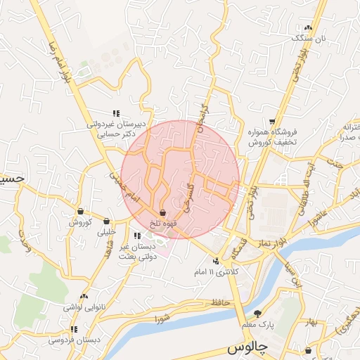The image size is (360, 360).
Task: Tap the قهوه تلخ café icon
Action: coord(163,212)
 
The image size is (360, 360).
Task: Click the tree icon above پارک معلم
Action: coord(258,314)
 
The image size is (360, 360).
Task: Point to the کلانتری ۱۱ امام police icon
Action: coord(216,262)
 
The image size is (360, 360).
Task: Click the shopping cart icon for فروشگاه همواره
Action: coord(272,121)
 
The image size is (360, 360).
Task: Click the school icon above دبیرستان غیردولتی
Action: coord(117,112)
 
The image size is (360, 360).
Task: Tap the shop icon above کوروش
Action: coord(80,212)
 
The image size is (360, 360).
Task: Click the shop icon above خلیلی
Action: coord(106,221)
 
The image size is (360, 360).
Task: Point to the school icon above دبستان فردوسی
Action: coord(73,329)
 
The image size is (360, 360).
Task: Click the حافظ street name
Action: coord(203,302)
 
